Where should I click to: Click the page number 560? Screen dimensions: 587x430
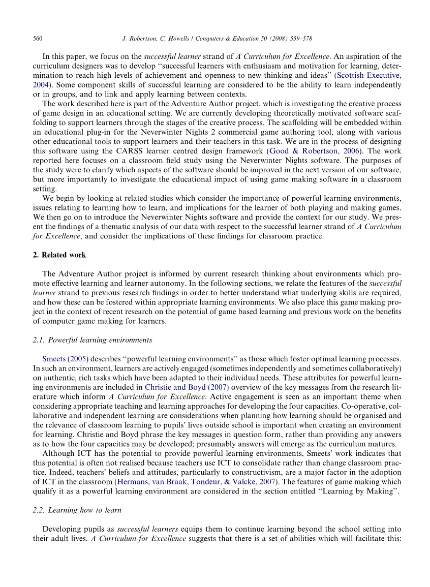point(37,38)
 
